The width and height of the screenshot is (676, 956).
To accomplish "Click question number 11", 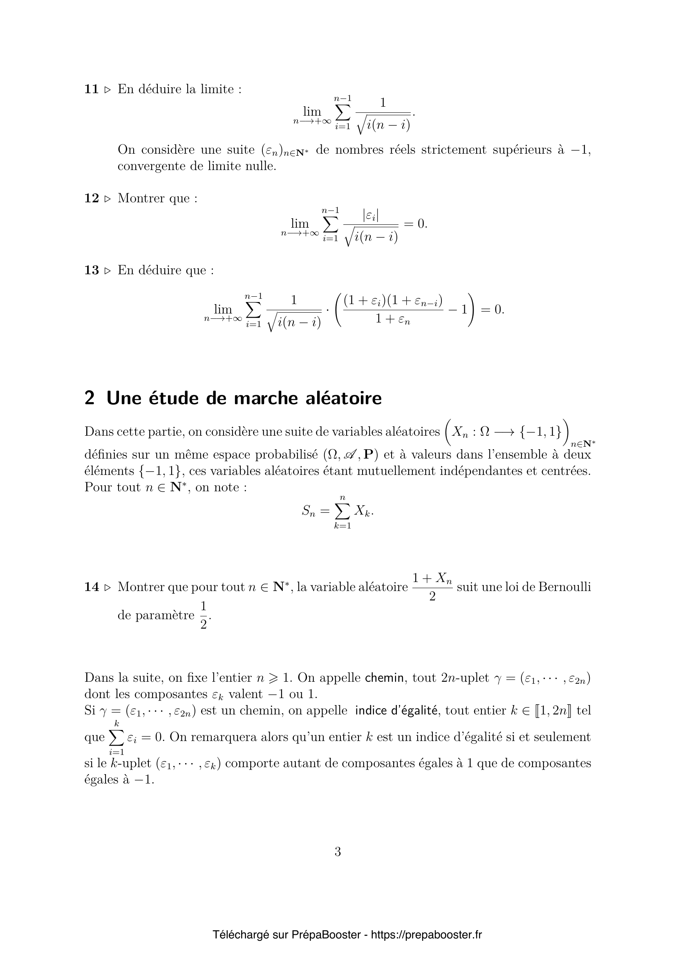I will coord(91,89).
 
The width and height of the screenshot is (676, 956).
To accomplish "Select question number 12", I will coord(91,198).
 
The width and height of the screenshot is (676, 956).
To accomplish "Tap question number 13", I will coord(91,270).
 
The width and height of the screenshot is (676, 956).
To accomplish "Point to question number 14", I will coord(91,587).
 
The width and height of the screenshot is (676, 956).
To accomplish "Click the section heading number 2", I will coord(89,399).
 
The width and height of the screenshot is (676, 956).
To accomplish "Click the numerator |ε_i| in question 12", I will coord(370,215).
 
